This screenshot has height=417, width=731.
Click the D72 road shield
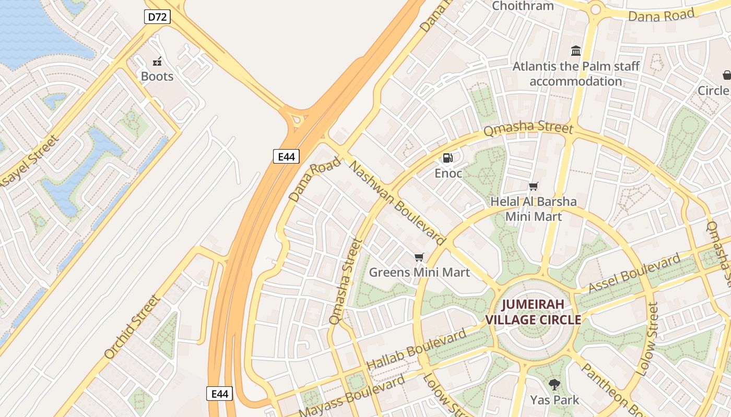click(157, 17)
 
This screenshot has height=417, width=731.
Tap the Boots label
click(157, 77)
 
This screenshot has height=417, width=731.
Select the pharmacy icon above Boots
click(157, 62)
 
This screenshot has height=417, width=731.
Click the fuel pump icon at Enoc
click(448, 157)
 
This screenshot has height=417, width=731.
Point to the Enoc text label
click(449, 173)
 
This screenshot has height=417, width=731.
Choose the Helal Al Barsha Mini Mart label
click(534, 209)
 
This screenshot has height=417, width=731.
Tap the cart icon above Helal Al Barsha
click(533, 186)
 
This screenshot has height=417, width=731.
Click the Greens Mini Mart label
click(419, 272)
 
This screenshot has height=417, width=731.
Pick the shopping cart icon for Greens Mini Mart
click(419, 257)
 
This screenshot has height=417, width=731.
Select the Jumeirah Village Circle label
click(534, 312)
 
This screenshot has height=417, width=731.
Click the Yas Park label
click(555, 400)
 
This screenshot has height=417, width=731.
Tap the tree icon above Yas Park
click(555, 385)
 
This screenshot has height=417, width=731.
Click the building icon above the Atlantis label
click(576, 51)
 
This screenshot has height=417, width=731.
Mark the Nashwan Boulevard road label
click(398, 203)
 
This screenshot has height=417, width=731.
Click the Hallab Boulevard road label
click(416, 350)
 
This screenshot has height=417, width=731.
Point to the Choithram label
click(523, 6)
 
